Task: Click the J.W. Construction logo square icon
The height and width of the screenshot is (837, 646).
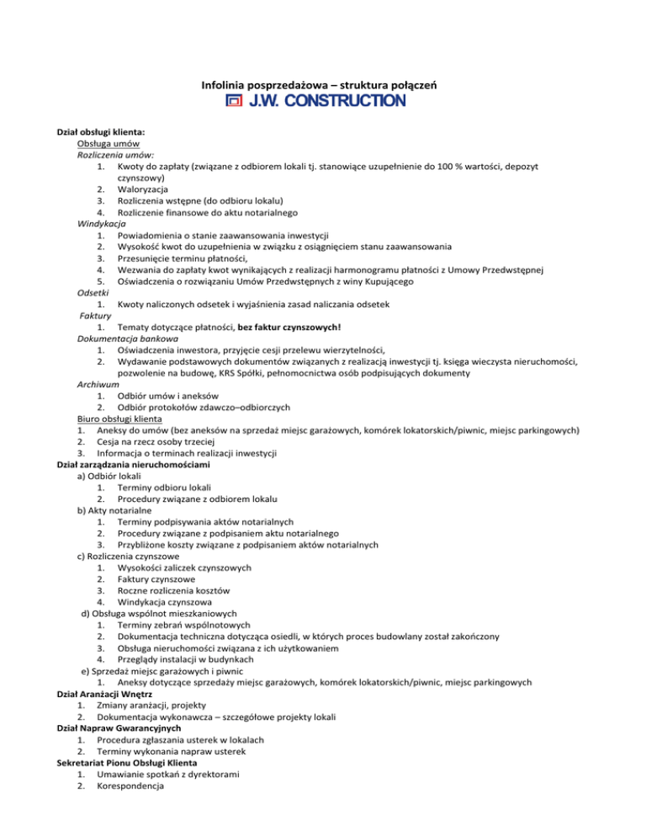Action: [233, 102]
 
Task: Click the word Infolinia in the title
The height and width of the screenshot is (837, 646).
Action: [225, 85]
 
